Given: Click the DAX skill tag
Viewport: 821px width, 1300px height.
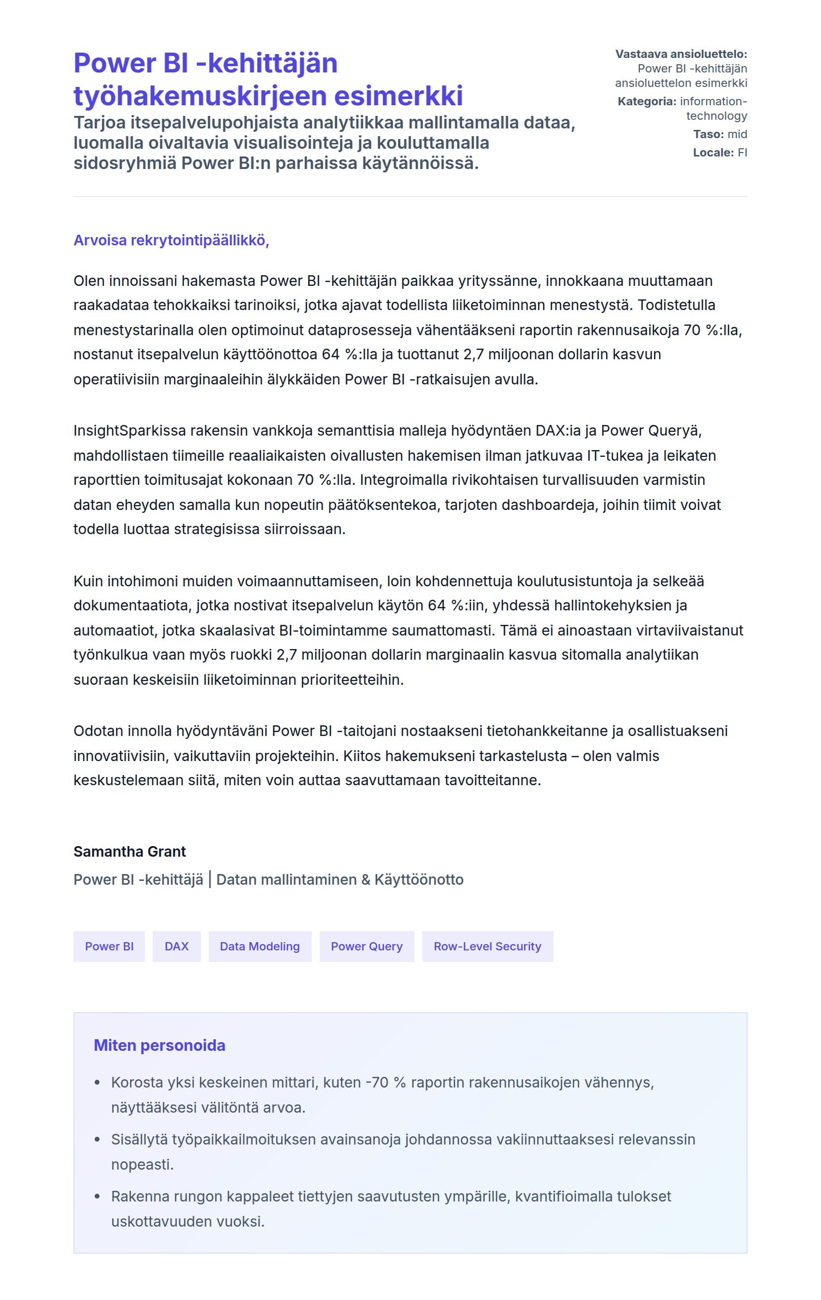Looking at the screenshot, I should click(x=176, y=946).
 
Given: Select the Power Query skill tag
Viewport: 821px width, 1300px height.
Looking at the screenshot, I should click(x=367, y=946).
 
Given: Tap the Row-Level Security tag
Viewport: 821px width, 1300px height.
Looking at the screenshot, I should click(x=487, y=946).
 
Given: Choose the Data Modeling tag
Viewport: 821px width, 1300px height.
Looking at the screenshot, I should click(x=260, y=946).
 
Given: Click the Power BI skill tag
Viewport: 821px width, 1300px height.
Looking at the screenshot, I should click(x=109, y=946).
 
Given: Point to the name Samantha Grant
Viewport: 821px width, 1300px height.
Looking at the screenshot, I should click(x=129, y=851).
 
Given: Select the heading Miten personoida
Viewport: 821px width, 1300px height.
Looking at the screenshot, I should click(x=159, y=1045).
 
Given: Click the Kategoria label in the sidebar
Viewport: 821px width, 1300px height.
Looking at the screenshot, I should click(x=647, y=101).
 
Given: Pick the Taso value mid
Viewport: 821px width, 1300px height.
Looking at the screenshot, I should click(x=737, y=134).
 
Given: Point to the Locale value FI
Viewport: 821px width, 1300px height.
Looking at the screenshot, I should click(x=742, y=152).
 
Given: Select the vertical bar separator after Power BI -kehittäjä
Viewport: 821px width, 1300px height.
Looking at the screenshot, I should click(x=210, y=879).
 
